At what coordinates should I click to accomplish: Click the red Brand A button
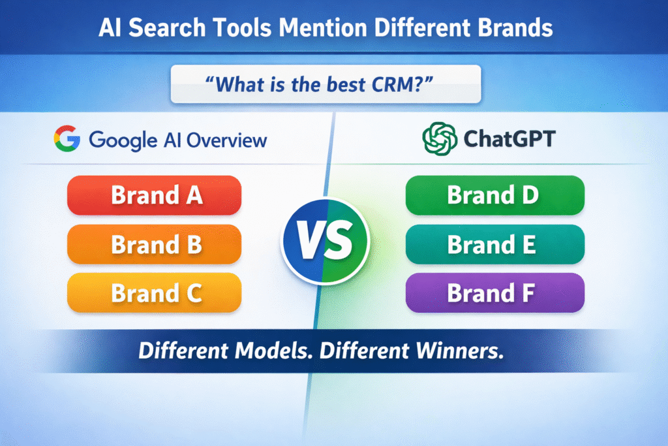pyautogui.click(x=155, y=195)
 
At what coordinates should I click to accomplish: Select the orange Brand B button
pyautogui.click(x=155, y=244)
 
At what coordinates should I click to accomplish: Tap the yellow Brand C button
pyautogui.click(x=155, y=293)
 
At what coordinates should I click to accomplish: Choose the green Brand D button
pyautogui.click(x=494, y=195)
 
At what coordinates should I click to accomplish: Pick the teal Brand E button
pyautogui.click(x=494, y=244)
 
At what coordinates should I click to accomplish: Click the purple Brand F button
pyautogui.click(x=494, y=293)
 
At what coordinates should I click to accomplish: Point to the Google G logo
pyautogui.click(x=67, y=139)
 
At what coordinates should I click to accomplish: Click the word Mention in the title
pyautogui.click(x=332, y=28)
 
